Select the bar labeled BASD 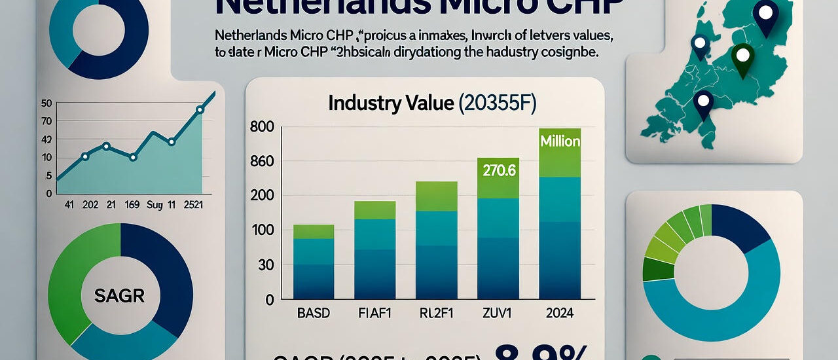313,262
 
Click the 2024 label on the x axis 559,314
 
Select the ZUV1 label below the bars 497,314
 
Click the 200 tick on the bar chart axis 261,195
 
